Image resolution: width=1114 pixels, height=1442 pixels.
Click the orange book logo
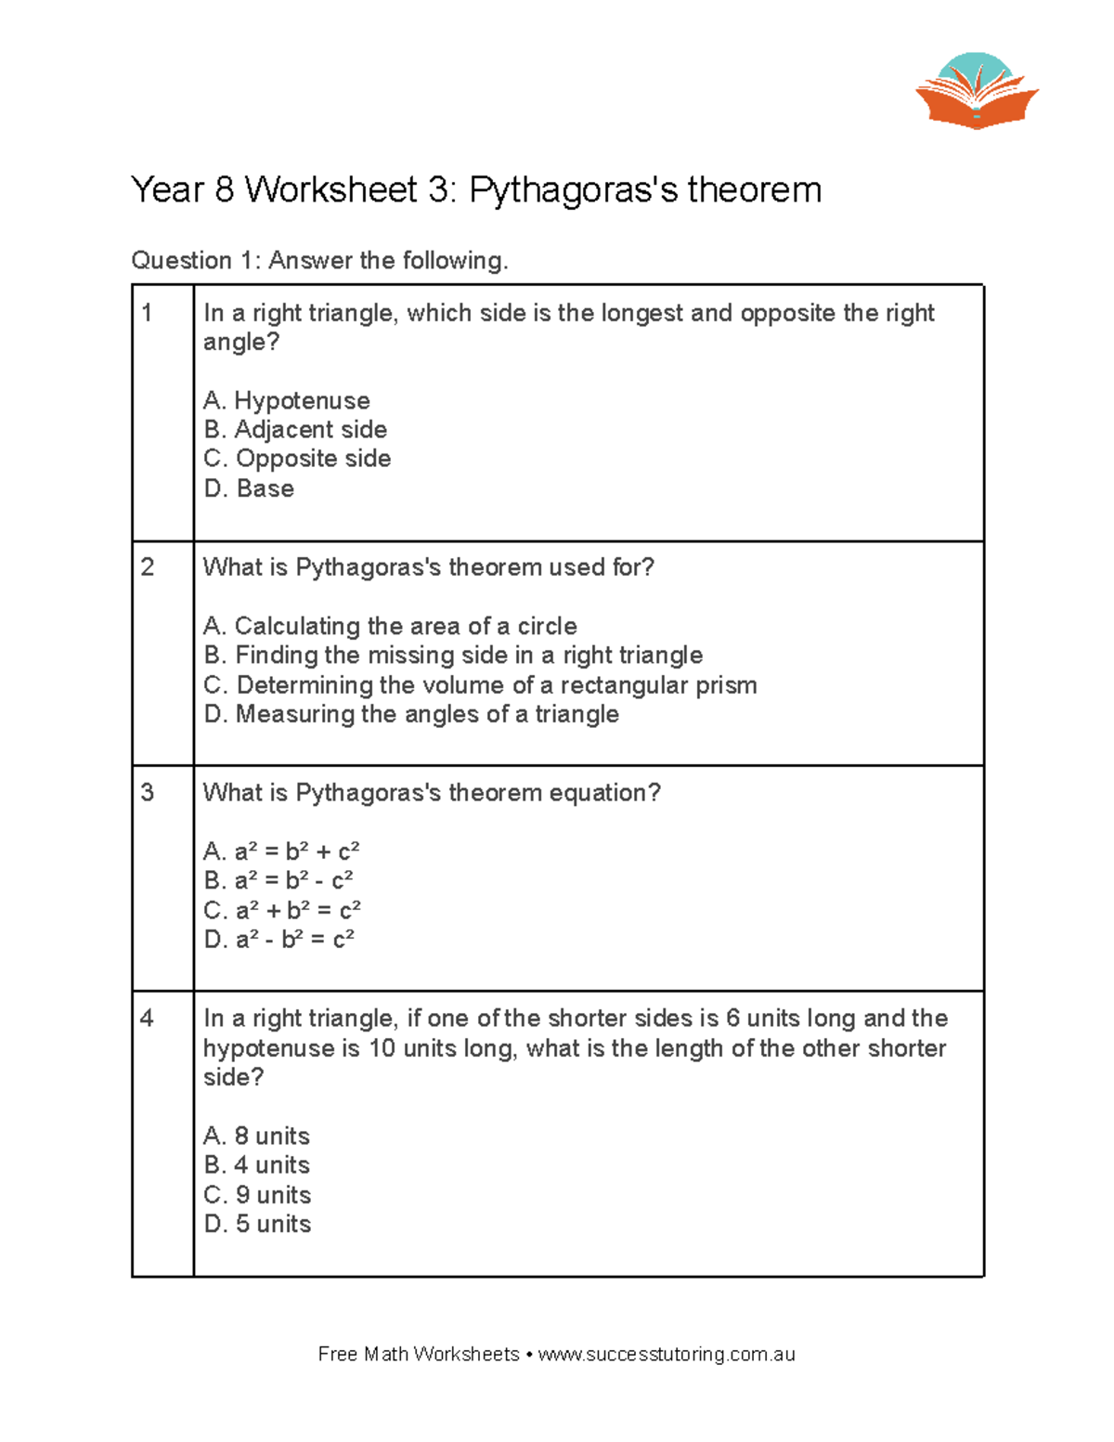tap(977, 93)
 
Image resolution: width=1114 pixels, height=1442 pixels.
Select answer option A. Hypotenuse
tap(286, 400)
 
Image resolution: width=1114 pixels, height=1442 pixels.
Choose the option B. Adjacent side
tap(295, 430)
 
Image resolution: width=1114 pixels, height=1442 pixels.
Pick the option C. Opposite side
tap(297, 459)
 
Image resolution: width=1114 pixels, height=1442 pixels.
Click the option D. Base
tap(249, 488)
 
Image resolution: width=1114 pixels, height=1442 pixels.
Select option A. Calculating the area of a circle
tap(390, 626)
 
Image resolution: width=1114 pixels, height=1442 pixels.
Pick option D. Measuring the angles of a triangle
tap(411, 714)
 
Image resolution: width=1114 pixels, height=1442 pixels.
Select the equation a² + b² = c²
tap(282, 910)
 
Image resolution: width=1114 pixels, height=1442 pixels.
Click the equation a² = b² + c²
tap(281, 851)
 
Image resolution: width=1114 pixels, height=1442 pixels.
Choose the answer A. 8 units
tap(256, 1136)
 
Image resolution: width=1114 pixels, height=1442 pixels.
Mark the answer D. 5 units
tap(257, 1224)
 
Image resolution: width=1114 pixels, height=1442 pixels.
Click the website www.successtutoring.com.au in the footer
tap(666, 1355)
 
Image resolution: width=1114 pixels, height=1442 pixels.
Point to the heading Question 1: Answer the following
tap(319, 261)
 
